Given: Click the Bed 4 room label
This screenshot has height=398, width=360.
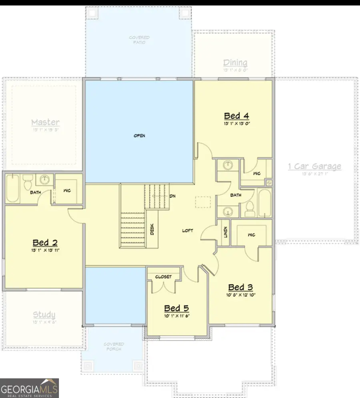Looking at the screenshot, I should pos(236,116).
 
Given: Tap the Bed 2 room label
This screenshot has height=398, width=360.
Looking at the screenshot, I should pos(46,242).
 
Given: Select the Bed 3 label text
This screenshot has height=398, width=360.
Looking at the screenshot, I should pos(240,287).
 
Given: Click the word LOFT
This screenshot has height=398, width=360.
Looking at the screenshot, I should pos(188,231).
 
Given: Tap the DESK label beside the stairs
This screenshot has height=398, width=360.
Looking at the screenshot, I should pos(152,229).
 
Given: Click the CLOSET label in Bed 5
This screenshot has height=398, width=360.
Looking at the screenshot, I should pos(163,277).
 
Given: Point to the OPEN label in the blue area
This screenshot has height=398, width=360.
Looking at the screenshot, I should pos(139,136).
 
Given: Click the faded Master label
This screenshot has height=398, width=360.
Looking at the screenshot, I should pos(45,122).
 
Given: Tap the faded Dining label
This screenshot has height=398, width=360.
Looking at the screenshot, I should pos(235,62).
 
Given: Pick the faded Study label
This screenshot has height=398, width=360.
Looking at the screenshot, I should pos(44,315).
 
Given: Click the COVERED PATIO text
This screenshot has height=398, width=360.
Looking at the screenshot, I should pos(139,39).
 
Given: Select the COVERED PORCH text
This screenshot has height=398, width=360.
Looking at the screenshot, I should pos(114,346).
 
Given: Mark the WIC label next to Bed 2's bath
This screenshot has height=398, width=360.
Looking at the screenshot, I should pos(67,190).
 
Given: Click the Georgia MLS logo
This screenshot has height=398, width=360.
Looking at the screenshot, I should pos(30,388).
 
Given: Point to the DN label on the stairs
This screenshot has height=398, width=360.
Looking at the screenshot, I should pos(173,196).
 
